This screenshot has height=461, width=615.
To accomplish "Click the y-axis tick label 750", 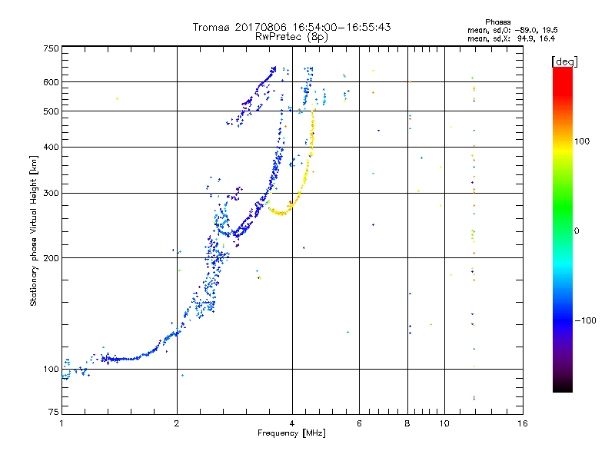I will [51, 48].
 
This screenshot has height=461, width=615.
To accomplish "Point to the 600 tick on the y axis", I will [51, 82].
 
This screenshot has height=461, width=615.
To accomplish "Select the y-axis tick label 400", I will [51, 147].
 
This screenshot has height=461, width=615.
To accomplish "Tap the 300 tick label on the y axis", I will [51, 193].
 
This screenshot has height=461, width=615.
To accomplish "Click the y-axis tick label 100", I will [51, 369].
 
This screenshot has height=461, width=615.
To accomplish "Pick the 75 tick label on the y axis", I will [53, 415].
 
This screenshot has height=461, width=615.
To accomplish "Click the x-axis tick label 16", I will [522, 423].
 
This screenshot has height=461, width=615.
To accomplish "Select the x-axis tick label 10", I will [444, 423].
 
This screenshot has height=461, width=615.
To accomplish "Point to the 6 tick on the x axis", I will [359, 423].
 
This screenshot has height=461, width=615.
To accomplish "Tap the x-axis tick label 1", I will [61, 423].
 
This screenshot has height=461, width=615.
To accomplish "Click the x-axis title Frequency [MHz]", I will [291, 434].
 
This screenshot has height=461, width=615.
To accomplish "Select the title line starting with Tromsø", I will [292, 27].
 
